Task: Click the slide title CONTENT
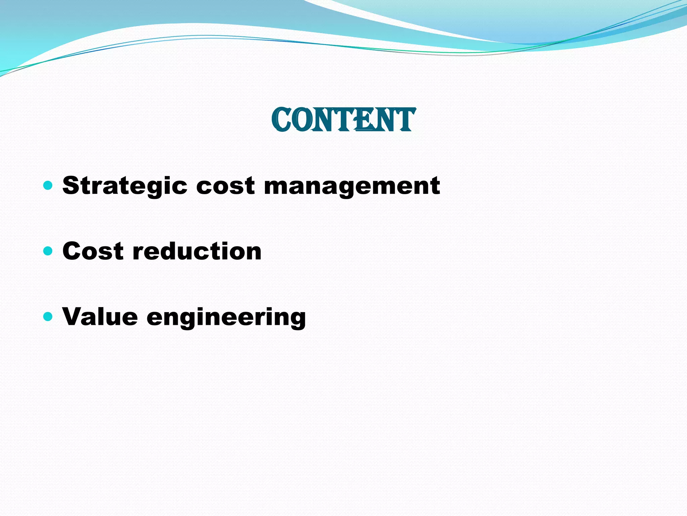343,120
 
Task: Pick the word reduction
197,251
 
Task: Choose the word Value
100,317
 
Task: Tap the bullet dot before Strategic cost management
48,185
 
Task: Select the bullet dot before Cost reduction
48,251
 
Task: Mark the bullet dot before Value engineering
48,316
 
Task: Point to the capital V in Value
73,316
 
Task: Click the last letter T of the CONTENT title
405,120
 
